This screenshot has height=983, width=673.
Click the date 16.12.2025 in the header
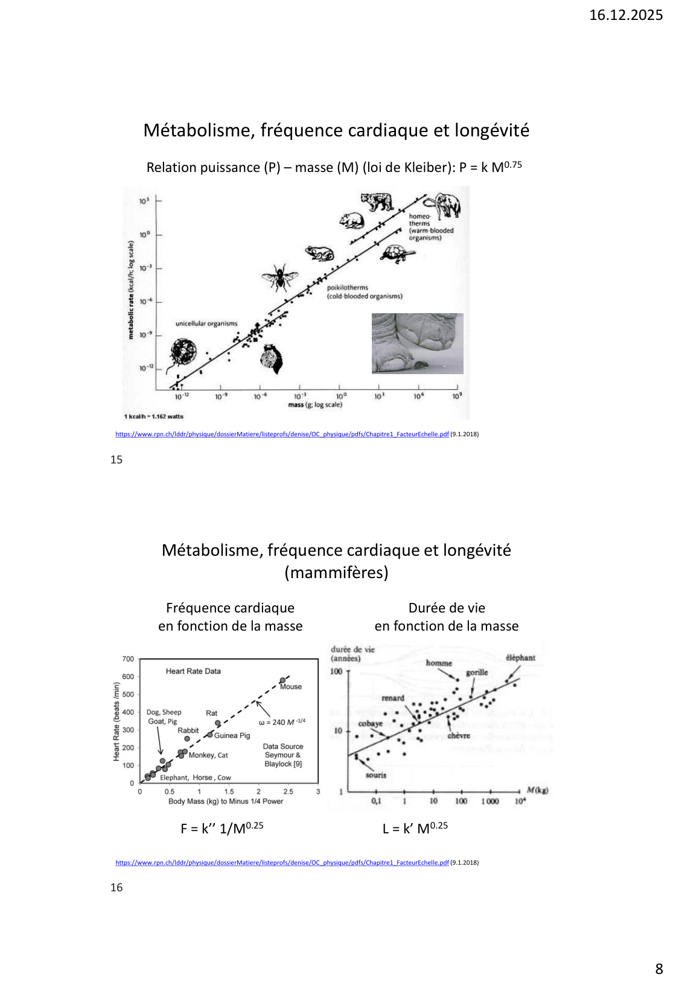(625, 15)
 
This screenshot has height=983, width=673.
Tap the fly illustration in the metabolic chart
(279, 277)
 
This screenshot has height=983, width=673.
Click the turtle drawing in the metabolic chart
(398, 253)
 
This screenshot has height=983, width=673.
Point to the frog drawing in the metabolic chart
(319, 253)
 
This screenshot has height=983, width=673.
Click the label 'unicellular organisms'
(206, 323)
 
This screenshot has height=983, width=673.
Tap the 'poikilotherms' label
(348, 288)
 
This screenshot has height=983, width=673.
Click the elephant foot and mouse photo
(417, 343)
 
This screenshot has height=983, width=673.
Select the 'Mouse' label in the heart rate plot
(290, 687)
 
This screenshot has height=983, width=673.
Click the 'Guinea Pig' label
(232, 736)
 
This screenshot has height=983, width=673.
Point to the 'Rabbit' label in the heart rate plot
(188, 730)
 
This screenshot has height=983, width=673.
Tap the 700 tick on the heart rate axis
(128, 659)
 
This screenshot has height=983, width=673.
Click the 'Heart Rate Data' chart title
(193, 671)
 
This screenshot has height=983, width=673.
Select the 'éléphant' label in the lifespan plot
(520, 658)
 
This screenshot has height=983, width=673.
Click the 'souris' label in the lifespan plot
(375, 775)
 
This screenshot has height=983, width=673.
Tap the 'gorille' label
(477, 672)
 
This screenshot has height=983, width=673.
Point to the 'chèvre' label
(459, 736)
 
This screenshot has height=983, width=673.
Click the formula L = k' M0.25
(415, 828)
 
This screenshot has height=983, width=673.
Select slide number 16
(116, 887)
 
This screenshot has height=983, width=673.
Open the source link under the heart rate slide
(282, 862)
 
